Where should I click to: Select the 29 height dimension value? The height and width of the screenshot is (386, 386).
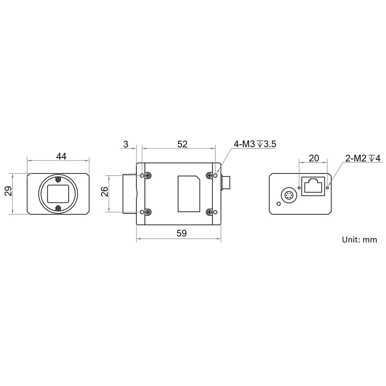(9, 191)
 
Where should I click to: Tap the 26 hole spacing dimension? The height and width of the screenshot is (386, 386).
(104, 191)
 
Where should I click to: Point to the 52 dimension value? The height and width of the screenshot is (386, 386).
(182, 144)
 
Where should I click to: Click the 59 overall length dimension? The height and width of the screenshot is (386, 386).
(182, 233)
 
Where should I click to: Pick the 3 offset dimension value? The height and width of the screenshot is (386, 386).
(126, 144)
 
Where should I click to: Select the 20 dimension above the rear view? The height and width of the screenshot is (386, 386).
(314, 158)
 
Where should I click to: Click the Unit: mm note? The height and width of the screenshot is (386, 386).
(359, 240)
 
